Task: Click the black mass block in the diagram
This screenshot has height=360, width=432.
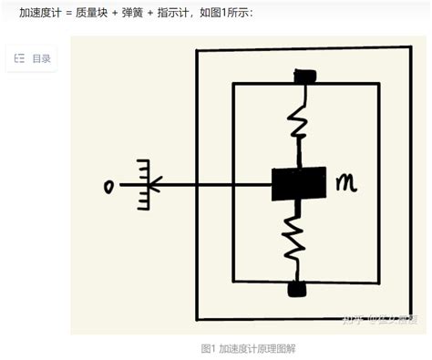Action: (298, 184)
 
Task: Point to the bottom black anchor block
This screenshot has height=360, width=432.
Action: (296, 290)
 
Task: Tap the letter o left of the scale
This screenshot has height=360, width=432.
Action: (109, 187)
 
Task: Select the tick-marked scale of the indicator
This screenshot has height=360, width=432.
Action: (144, 185)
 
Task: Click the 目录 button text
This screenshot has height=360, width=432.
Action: (41, 59)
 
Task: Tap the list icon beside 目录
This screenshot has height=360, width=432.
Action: (20, 59)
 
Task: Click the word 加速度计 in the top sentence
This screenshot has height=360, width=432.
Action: (42, 13)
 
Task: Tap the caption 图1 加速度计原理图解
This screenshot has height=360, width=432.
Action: (248, 349)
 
